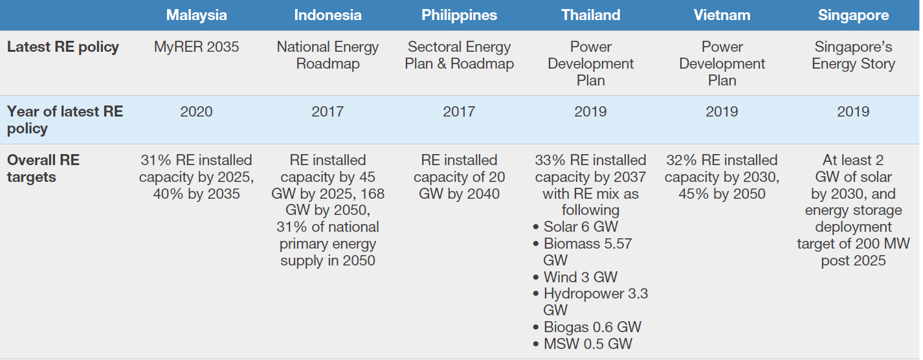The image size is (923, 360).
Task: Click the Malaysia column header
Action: coord(196,16)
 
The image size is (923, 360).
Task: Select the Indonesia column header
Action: coord(328,16)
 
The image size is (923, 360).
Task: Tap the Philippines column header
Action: coord(459,16)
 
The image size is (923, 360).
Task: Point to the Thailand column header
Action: coord(590,16)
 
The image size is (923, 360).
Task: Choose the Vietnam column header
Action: coord(722,16)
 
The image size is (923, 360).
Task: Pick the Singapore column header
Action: coord(853,16)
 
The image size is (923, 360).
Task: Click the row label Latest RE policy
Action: coord(63,47)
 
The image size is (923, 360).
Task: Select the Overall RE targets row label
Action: coord(43,168)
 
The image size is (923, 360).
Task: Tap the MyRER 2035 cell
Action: coord(196,47)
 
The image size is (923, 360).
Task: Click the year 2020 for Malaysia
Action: coord(196,112)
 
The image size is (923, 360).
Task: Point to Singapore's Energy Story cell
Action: coord(853,55)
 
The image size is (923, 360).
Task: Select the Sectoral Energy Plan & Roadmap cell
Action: coord(459,55)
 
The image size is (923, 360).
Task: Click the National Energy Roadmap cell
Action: coord(328,55)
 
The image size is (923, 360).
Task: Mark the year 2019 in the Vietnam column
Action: coord(722,112)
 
